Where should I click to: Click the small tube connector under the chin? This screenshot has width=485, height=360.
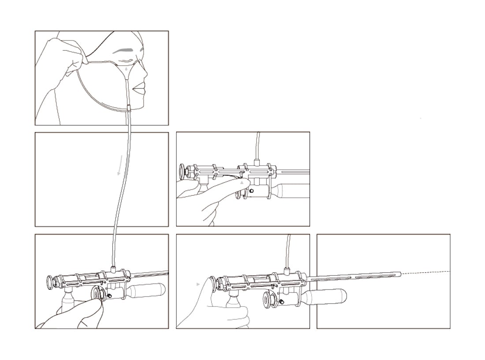(129, 107)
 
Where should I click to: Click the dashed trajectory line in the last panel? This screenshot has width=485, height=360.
(425, 272)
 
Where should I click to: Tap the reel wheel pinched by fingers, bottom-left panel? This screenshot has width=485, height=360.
(97, 294)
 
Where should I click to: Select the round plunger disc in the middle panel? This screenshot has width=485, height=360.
(182, 171)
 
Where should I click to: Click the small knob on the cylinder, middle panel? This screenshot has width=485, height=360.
(251, 191)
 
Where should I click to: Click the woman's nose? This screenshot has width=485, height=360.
(143, 71)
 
